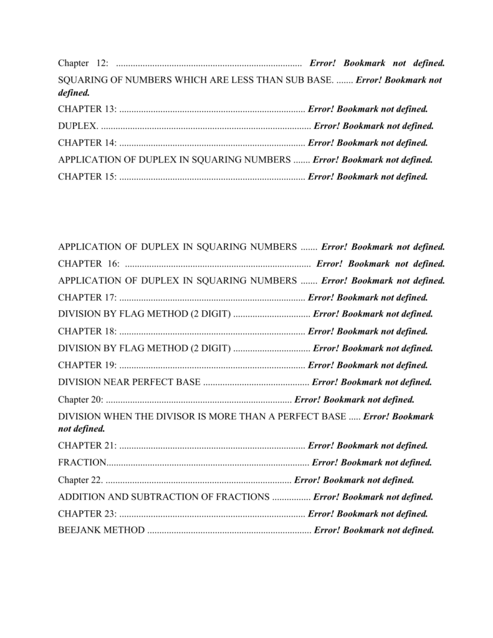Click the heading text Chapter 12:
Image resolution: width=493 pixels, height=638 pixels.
click(x=83, y=64)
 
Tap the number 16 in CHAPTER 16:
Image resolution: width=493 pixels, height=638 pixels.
click(x=113, y=264)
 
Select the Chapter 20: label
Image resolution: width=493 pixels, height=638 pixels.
click(x=82, y=399)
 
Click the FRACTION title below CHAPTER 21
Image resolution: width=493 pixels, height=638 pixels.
click(x=82, y=462)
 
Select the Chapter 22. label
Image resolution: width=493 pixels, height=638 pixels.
click(x=81, y=480)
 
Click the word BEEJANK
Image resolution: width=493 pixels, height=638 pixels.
click(x=79, y=530)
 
